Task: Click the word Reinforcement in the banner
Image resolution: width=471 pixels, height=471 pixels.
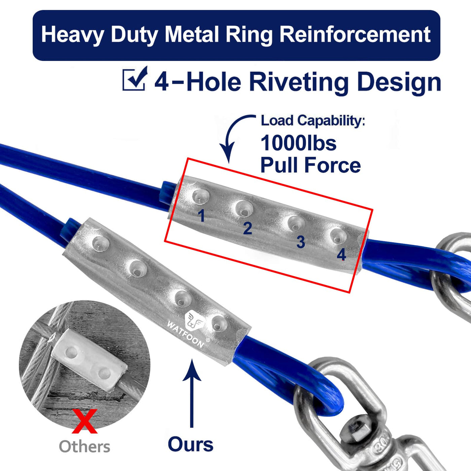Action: point(355,34)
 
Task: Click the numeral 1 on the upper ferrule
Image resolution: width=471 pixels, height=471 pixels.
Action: point(201,216)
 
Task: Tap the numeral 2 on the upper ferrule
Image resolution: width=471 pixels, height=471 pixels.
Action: point(247,228)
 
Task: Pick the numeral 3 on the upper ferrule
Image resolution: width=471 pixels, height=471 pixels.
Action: point(301,242)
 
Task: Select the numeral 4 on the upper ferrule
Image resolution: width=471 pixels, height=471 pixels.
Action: point(341,255)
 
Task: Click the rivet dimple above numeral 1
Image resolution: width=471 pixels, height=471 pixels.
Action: point(201,196)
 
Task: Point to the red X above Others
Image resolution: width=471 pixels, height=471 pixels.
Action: point(84,421)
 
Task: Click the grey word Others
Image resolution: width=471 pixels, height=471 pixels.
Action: point(84,446)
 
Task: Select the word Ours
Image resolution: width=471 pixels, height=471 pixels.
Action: point(190,444)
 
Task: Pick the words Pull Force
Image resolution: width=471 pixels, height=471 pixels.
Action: point(311,165)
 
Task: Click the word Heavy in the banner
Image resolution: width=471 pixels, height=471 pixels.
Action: point(73,35)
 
